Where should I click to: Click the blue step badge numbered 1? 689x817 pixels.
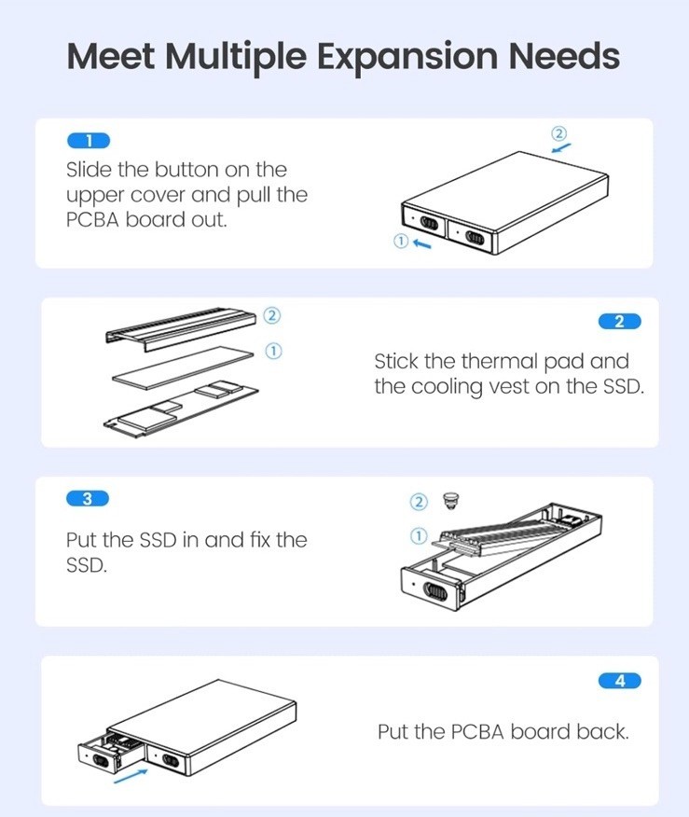(x=89, y=141)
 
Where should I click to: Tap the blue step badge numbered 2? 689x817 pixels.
(x=620, y=322)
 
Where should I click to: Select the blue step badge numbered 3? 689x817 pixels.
(x=88, y=499)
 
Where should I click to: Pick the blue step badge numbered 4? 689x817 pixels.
(x=620, y=681)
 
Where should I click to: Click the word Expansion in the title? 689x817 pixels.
(x=407, y=56)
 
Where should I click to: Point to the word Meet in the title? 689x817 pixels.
(x=111, y=55)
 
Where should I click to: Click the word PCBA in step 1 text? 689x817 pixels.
(x=92, y=220)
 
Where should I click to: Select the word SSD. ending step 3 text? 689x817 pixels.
(x=87, y=565)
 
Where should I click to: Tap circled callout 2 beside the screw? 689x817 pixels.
(x=419, y=502)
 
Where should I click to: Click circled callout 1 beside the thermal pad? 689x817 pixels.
(x=273, y=352)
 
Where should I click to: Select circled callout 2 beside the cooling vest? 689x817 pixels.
(x=271, y=315)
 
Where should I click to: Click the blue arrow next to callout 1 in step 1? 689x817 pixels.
(x=421, y=243)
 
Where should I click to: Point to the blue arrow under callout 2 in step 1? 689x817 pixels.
(x=561, y=148)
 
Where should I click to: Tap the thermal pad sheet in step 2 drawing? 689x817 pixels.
(x=184, y=367)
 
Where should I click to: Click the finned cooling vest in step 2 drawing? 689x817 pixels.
(x=181, y=328)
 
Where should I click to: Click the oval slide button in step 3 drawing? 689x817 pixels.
(x=435, y=592)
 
